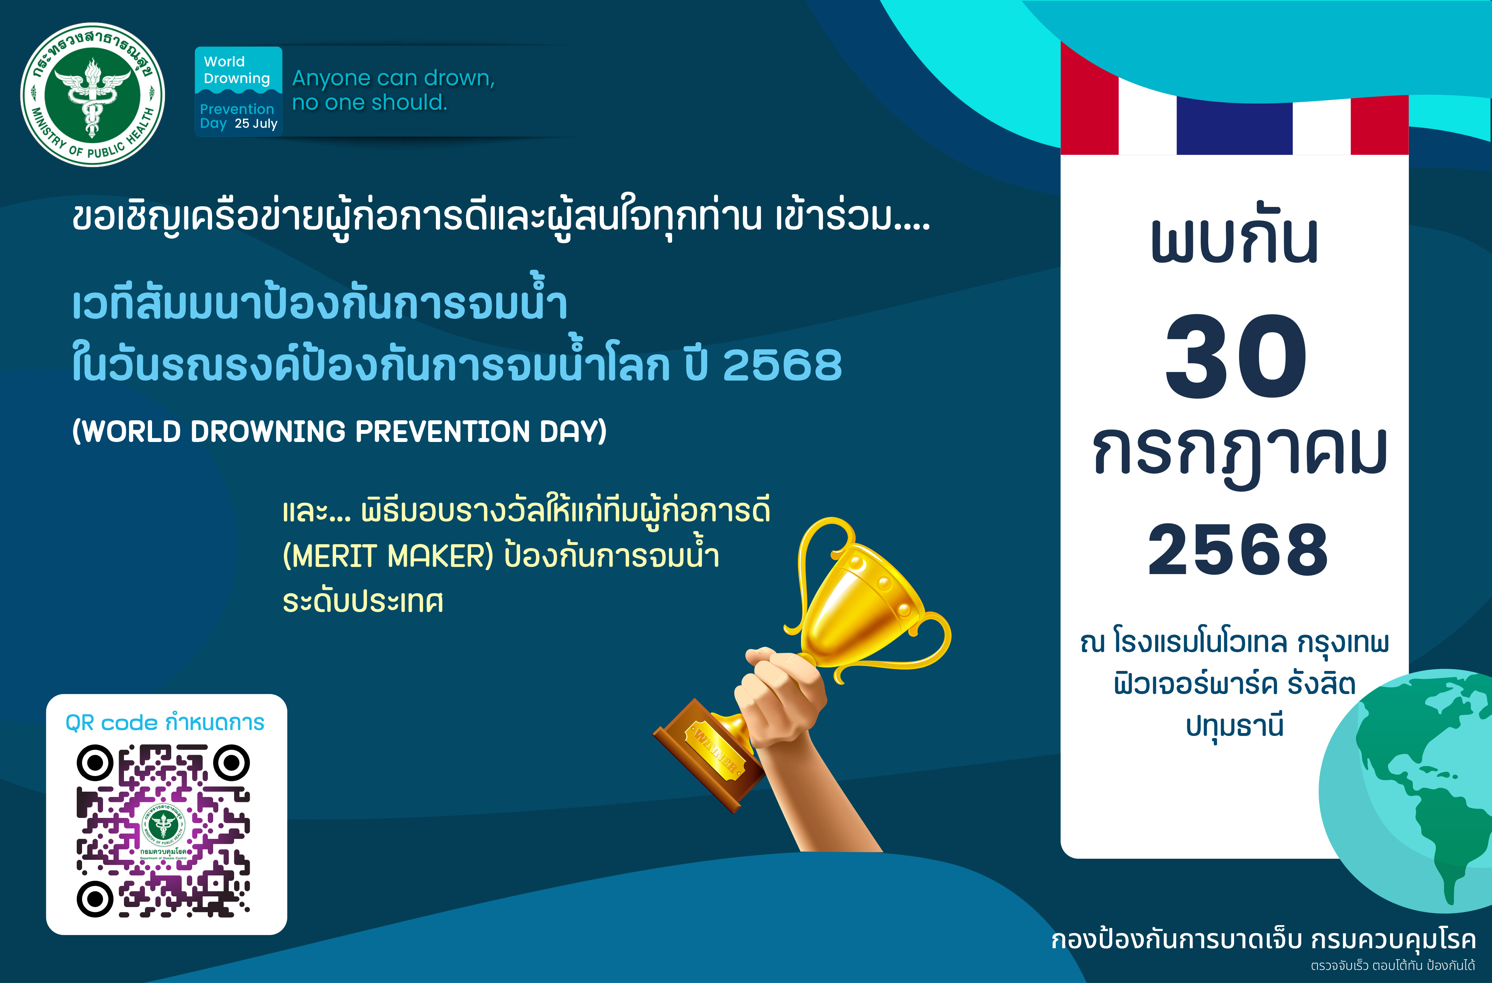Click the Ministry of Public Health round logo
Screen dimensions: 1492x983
click(x=93, y=95)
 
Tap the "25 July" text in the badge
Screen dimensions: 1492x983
click(x=256, y=124)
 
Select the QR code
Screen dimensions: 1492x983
click(x=163, y=831)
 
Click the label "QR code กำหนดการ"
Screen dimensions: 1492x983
click(x=165, y=723)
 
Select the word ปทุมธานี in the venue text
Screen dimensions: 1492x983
click(x=1234, y=726)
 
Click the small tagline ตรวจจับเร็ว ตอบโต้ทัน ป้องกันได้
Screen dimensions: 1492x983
click(x=1392, y=966)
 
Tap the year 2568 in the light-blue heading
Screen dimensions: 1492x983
click(x=782, y=365)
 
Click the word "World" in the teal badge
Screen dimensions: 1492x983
click(x=224, y=61)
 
